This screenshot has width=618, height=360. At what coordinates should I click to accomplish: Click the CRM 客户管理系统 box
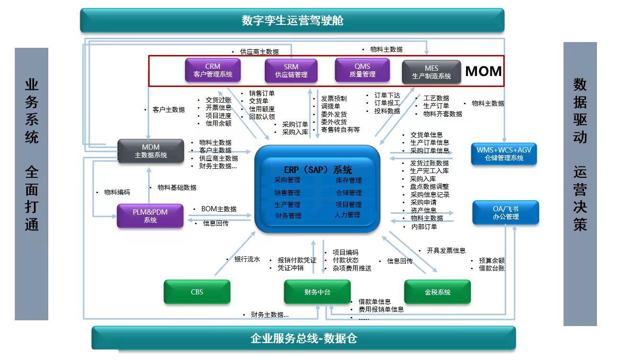(x=213, y=70)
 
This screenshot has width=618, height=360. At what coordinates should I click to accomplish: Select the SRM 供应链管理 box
(x=291, y=71)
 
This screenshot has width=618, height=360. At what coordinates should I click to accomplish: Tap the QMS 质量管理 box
(x=362, y=70)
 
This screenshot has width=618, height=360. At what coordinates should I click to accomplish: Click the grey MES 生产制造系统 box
(x=432, y=72)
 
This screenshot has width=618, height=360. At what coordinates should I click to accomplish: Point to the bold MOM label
(x=483, y=71)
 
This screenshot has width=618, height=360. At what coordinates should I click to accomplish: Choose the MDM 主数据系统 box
(x=151, y=151)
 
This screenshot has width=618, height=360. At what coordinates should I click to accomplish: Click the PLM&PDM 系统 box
(x=150, y=216)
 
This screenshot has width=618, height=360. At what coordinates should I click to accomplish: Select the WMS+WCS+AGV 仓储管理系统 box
(x=504, y=153)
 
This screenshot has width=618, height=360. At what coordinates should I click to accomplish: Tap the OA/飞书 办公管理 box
(x=505, y=212)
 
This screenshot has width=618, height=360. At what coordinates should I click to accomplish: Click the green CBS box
(x=197, y=292)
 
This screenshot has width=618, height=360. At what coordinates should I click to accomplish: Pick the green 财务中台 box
(x=317, y=292)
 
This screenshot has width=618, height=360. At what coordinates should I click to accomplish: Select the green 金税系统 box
(x=437, y=292)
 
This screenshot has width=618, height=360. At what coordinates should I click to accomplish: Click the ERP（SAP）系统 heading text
(x=318, y=169)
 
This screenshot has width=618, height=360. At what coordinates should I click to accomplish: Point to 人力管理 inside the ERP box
(x=347, y=215)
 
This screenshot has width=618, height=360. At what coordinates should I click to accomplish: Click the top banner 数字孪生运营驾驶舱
(x=293, y=21)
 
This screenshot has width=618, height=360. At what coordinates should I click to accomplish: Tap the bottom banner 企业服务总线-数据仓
(x=304, y=338)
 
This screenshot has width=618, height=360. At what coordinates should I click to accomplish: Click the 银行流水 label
(x=247, y=259)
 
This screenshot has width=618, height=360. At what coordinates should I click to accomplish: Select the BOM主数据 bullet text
(x=219, y=209)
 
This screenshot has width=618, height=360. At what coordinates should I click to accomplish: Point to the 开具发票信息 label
(x=446, y=251)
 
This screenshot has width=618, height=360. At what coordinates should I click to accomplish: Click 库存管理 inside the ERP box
(x=349, y=180)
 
